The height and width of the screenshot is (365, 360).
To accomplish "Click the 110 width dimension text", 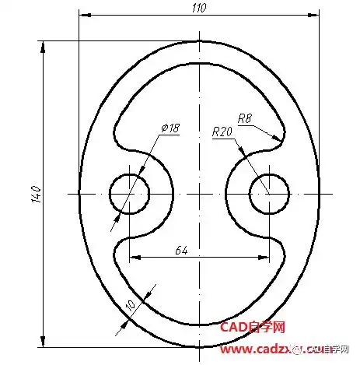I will pyautogui.click(x=200, y=7).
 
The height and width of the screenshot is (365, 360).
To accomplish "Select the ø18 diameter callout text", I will pyautogui.click(x=170, y=128).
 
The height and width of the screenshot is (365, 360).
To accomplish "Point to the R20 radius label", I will pyautogui.click(x=223, y=132).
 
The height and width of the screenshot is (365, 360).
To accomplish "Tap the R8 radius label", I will pyautogui.click(x=245, y=119).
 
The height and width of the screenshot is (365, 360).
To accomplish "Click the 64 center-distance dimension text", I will pyautogui.click(x=181, y=250).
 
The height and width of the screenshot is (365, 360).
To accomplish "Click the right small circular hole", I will pyautogui.click(x=269, y=193).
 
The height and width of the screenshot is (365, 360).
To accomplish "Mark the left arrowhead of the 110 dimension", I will pyautogui.click(x=84, y=15).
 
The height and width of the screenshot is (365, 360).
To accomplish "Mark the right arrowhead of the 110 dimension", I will pyautogui.click(x=314, y=15).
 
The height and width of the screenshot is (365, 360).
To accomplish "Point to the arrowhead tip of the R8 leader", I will pyautogui.click(x=278, y=140).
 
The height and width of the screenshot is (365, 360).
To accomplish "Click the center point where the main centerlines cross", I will pyautogui.click(x=199, y=193).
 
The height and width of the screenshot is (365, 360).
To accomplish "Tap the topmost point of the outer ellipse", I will pyautogui.click(x=199, y=41).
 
